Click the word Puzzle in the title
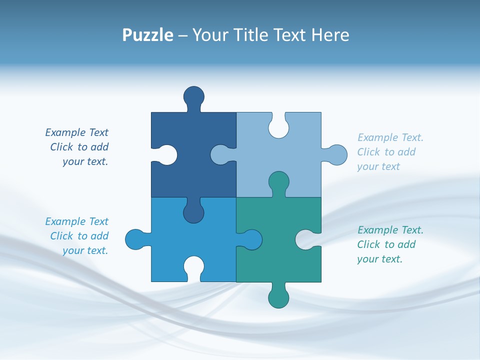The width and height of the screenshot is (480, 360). [148, 35]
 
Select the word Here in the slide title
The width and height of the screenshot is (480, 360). [330, 35]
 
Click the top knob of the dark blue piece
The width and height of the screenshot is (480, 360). [193, 96]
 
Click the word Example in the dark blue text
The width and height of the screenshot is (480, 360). [65, 132]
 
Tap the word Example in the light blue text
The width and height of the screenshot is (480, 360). [378, 137]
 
